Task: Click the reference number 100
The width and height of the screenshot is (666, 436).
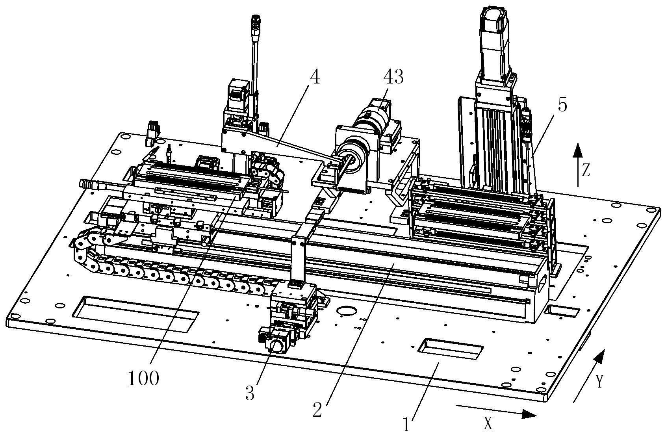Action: (144, 378)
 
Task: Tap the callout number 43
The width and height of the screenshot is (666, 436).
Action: (393, 77)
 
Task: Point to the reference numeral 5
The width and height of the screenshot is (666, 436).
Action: (562, 105)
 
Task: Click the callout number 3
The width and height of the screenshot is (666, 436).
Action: (250, 393)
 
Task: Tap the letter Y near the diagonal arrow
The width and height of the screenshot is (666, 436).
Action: (600, 381)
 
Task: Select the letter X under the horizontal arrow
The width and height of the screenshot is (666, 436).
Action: (488, 423)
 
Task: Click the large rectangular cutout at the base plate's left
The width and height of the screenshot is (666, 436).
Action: (135, 314)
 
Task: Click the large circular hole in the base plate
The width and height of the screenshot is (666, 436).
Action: (346, 311)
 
